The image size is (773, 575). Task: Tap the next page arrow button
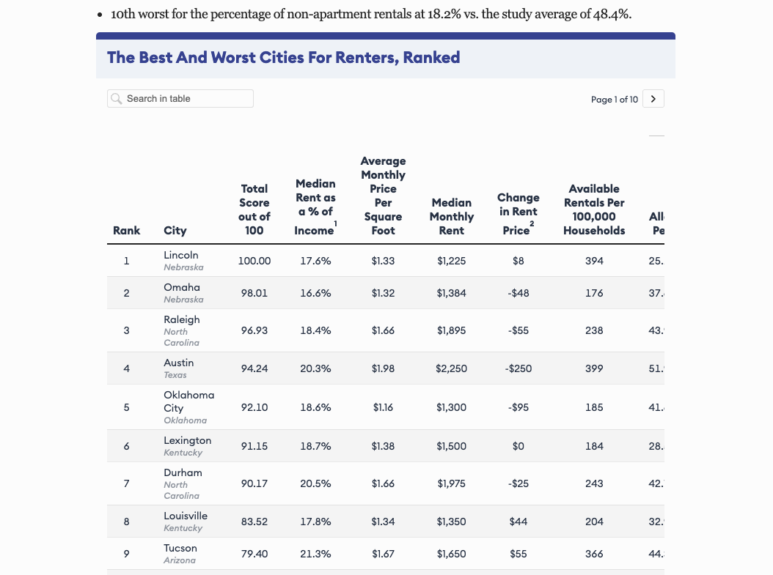click(653, 99)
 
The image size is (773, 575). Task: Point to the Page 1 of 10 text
click(614, 100)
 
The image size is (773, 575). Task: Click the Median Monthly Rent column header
click(451, 216)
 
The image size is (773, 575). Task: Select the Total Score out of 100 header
click(254, 209)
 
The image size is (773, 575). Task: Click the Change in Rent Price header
click(518, 213)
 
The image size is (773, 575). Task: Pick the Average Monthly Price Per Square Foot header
click(383, 196)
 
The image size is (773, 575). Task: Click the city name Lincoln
click(181, 255)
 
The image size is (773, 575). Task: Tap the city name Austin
click(179, 363)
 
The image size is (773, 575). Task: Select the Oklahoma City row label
click(188, 401)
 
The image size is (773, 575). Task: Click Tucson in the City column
click(180, 548)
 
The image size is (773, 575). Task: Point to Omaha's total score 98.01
click(254, 293)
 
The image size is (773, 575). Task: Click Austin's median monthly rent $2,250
click(451, 368)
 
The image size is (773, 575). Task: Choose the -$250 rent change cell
click(519, 368)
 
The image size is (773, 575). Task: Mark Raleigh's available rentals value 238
click(594, 330)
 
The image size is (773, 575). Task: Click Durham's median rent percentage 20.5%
click(315, 483)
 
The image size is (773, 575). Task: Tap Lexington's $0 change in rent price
click(519, 446)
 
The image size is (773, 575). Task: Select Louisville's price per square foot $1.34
click(383, 522)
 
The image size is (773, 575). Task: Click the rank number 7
click(126, 483)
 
